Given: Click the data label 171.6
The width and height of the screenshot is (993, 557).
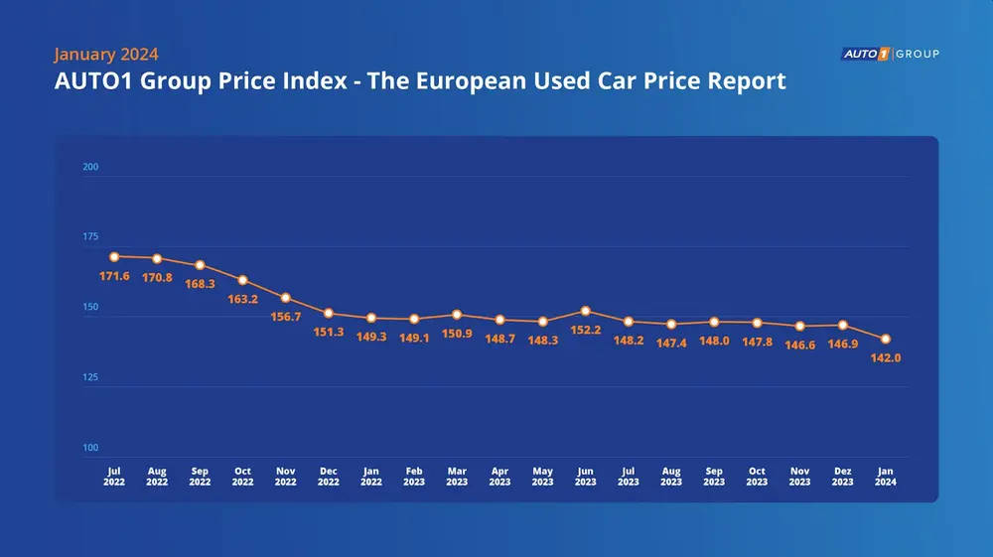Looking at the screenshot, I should [114, 275].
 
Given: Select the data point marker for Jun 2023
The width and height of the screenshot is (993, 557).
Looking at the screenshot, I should [586, 311].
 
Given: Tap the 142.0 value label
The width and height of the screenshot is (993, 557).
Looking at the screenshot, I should [885, 357].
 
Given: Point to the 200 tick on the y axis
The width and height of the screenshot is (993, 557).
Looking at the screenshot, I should [90, 167].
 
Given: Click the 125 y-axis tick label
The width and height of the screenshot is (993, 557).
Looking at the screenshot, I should [90, 377].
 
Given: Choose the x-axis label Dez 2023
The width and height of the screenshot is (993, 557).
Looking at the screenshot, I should [842, 477].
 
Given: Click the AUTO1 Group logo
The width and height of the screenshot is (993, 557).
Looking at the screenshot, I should [889, 53].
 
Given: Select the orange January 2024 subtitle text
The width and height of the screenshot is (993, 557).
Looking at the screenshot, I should [106, 54].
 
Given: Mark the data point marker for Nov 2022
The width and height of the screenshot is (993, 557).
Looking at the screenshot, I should [286, 298].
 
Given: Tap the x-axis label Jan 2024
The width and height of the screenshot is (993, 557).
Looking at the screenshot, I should [885, 477].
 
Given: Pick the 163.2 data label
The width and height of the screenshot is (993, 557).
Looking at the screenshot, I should [243, 298].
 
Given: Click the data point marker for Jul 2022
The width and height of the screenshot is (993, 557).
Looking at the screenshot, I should [114, 256].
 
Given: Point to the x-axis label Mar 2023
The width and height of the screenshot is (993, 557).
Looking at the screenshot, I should [457, 477].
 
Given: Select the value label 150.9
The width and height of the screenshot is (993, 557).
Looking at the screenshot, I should [457, 334].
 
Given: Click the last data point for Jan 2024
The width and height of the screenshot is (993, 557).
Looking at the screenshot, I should [885, 339].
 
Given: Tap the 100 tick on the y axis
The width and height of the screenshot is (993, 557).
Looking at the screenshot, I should [90, 448].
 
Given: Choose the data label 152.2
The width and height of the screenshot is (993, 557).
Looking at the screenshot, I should [586, 330].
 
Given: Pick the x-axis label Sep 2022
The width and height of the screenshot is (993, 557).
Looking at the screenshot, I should [200, 477].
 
